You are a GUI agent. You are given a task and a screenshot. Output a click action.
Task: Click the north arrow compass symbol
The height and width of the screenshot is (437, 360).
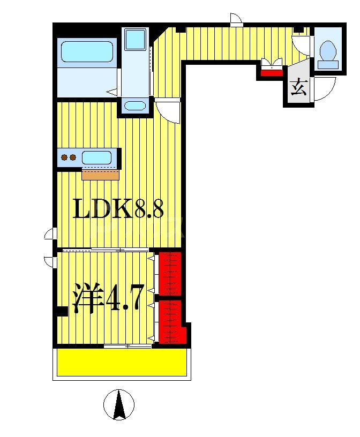pos(118,404)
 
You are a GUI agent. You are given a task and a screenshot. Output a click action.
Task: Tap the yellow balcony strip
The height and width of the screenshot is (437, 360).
pos(122,363)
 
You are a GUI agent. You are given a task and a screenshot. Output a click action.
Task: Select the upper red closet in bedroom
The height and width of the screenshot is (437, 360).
pos(170,273)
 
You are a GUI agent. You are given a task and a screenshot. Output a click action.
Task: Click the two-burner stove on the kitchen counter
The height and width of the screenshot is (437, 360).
pos(68,157)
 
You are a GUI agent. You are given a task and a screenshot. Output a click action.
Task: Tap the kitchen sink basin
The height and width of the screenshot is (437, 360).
pos(97,157)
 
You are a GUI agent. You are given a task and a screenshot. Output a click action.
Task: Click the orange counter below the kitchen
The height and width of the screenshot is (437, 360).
pos(100,175)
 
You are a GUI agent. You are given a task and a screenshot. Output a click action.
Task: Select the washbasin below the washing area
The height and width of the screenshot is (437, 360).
pos(134,105)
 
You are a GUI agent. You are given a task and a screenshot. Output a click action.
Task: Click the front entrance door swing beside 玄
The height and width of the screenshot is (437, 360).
pos(323,88)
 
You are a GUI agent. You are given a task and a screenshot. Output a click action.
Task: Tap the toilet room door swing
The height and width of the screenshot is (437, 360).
pos(301,44)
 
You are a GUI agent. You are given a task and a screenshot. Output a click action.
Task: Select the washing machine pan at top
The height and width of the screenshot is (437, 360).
pos(134,39)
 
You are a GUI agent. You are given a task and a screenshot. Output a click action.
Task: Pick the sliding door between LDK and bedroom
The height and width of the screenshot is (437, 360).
pos(105,250)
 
